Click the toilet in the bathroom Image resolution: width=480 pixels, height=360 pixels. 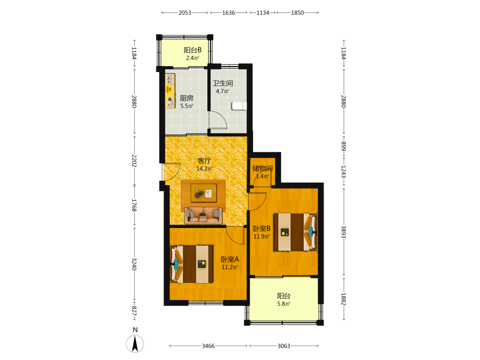[x=240, y=106]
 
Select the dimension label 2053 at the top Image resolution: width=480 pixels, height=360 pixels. [x=185, y=13]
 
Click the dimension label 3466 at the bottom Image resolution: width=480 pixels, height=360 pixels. [x=208, y=346]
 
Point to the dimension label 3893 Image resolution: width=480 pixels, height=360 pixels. [x=344, y=232]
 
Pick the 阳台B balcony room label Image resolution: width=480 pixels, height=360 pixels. [x=192, y=50]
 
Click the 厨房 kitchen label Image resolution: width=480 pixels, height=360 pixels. [x=186, y=98]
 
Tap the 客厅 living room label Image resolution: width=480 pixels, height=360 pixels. [x=204, y=161]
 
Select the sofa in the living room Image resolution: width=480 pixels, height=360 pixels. [x=203, y=215]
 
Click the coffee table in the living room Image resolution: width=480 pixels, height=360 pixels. [x=204, y=193]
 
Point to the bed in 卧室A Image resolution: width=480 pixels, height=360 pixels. [x=192, y=264]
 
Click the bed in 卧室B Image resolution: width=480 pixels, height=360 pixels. [x=295, y=232]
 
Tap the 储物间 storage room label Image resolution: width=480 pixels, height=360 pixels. [x=263, y=168]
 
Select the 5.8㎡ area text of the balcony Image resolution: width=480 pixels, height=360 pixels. [x=284, y=304]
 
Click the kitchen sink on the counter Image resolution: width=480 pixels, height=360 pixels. [x=170, y=79]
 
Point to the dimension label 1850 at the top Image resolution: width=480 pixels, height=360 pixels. [x=297, y=13]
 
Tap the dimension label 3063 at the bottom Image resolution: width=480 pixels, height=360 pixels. [x=284, y=346]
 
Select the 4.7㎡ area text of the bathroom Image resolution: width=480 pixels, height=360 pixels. [x=223, y=91]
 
